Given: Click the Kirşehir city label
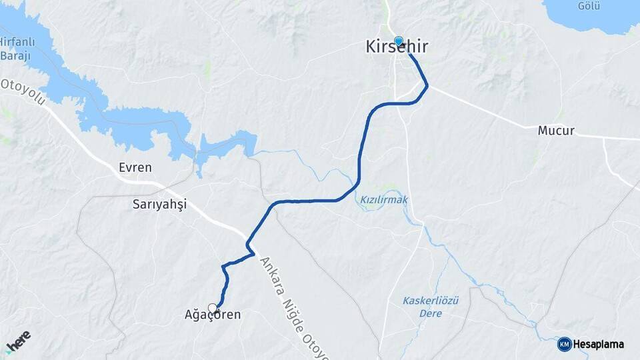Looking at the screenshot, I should click(x=397, y=47).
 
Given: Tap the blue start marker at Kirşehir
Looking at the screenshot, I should click(x=399, y=41).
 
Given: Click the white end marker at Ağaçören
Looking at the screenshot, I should click(x=213, y=308).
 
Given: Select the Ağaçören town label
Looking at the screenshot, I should click(x=212, y=315).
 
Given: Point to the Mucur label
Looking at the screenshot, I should click(x=555, y=131).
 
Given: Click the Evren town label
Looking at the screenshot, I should click(x=135, y=167).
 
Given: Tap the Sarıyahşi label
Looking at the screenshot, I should click(x=159, y=205).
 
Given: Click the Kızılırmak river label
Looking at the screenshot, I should click(x=383, y=199).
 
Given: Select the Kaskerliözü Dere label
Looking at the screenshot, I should click(x=431, y=301).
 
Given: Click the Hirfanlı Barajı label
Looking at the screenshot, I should click(x=15, y=48).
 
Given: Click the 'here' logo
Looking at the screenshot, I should click(x=18, y=342).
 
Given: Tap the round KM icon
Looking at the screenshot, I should click(x=564, y=345).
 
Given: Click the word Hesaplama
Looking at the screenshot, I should click(x=599, y=345).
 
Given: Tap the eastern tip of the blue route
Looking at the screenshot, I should click(x=427, y=85).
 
